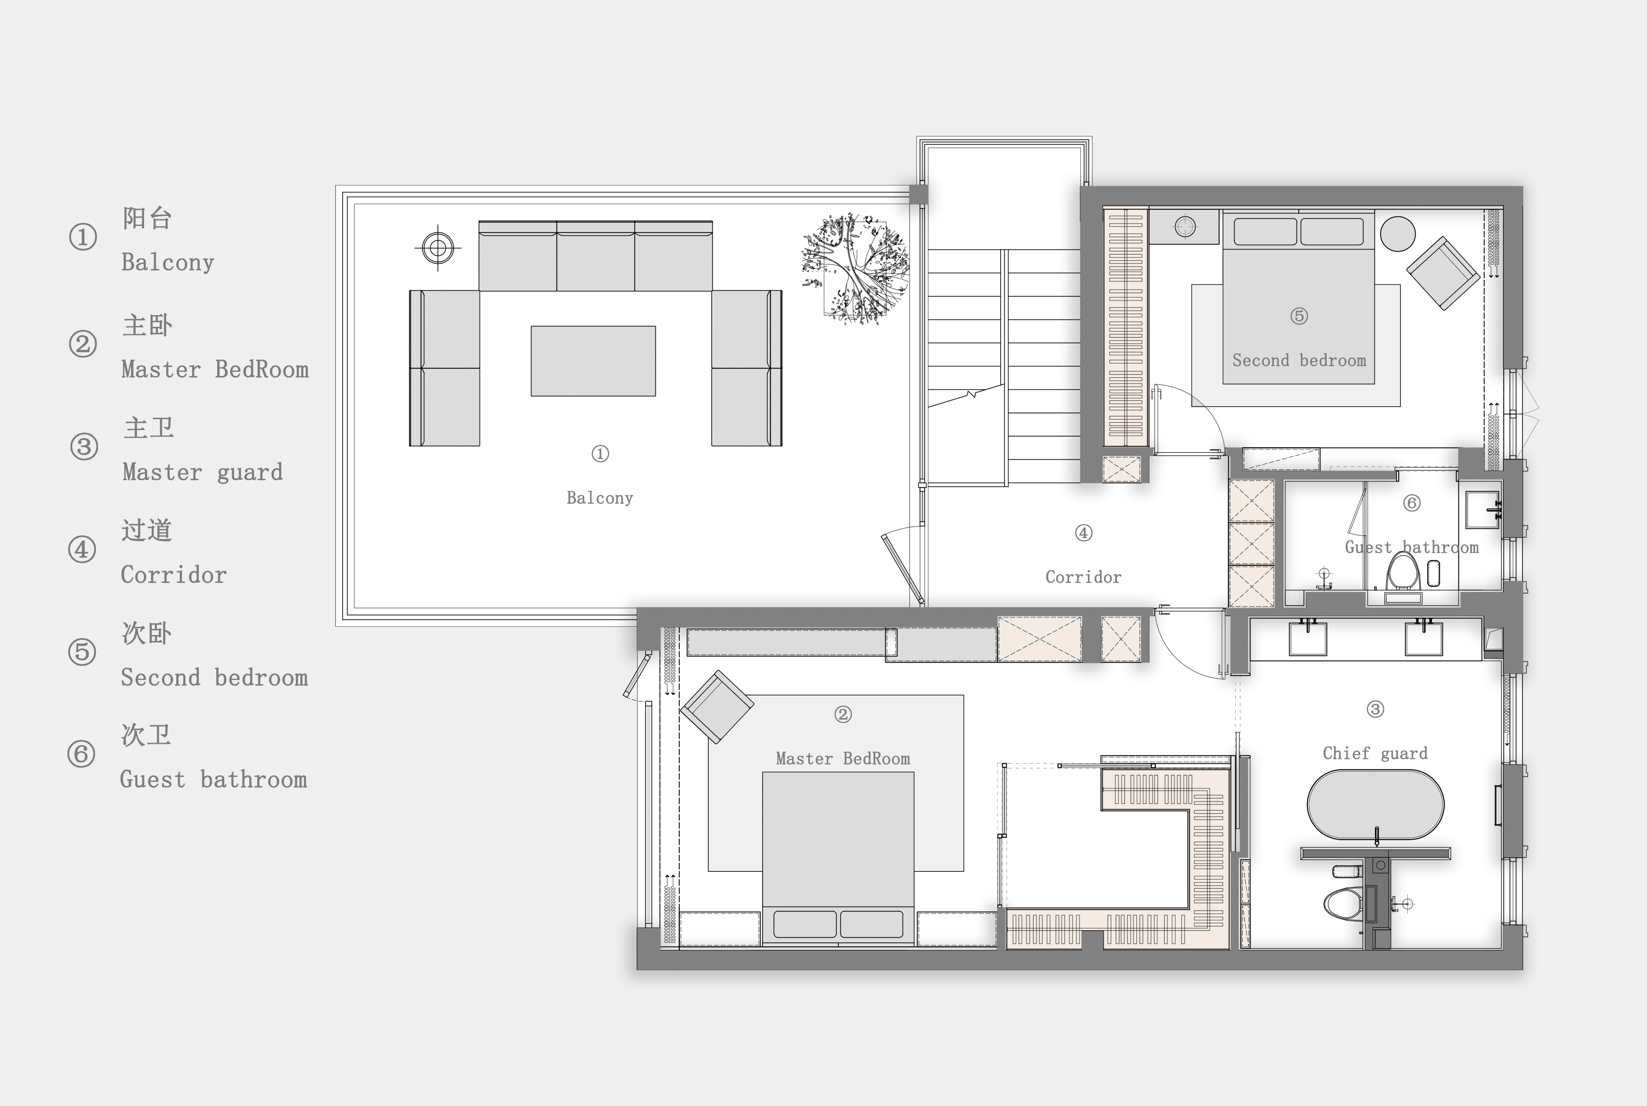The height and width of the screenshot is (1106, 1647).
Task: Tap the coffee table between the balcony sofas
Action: point(593,361)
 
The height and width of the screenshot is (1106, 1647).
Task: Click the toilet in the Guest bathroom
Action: point(1403,573)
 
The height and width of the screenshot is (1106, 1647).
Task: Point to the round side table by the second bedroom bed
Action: point(1397,233)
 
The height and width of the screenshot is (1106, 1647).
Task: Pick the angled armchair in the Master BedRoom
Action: point(716,707)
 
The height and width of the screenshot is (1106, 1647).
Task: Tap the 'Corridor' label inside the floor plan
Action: point(1083,577)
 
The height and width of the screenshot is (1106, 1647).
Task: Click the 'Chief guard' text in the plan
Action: point(1375,753)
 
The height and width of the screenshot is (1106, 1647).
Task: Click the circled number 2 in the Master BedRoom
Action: point(843,715)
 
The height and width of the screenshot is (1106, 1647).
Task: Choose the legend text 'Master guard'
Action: point(202,472)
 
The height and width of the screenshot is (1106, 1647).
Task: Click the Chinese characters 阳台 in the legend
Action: point(147,219)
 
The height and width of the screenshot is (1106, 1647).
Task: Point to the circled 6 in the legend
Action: point(81,754)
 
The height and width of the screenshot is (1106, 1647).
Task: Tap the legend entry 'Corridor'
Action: point(174,575)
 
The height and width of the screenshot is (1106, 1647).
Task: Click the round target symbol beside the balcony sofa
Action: point(438,248)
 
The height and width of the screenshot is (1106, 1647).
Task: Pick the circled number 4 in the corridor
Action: point(1083,533)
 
